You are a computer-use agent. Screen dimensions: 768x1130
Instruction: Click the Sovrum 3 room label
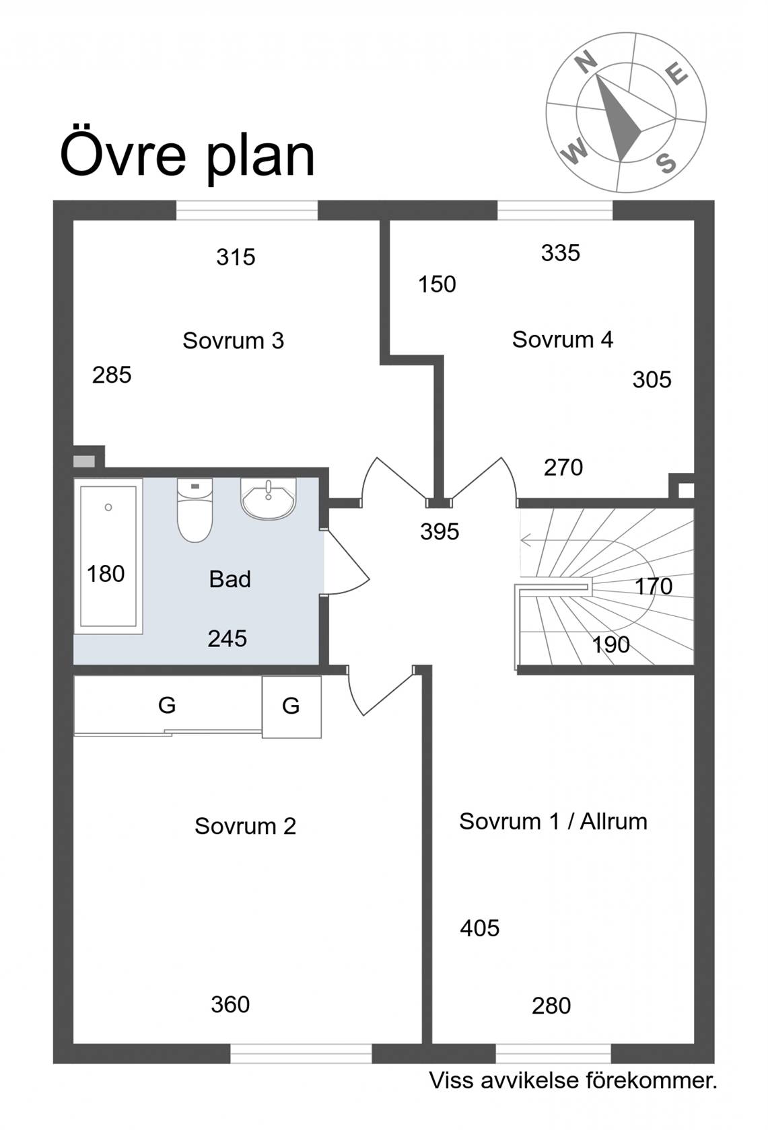coord(234,341)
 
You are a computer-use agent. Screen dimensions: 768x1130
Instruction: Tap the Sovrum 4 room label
coord(563,340)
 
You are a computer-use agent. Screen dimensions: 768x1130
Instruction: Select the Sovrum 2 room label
coord(246,826)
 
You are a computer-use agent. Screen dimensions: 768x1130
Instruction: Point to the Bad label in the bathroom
coord(230,579)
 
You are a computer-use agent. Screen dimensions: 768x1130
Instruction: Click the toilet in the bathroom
coord(195,510)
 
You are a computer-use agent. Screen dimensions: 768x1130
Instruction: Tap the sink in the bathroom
coord(268,498)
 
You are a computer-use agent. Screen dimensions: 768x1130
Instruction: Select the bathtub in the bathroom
coord(108,556)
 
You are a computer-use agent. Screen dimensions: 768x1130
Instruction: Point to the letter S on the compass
coord(666,163)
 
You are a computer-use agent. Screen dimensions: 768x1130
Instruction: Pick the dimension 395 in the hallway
coord(440,531)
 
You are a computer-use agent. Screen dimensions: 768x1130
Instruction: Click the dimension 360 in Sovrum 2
coord(230,1004)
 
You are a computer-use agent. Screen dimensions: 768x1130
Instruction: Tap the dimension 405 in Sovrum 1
coord(480,928)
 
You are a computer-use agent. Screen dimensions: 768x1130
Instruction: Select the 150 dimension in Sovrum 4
coord(438,285)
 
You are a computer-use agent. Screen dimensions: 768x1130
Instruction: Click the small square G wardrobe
coord(291,707)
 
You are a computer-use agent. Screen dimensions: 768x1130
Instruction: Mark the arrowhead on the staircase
coord(525,541)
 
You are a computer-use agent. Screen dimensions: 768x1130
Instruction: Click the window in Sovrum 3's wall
coord(247,211)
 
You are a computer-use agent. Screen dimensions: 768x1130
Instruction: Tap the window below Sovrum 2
coord(301,1054)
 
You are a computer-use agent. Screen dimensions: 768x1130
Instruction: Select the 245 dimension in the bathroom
coord(228,639)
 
